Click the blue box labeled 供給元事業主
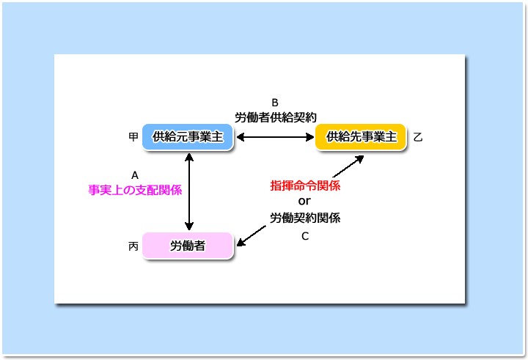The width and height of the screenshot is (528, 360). (188, 136)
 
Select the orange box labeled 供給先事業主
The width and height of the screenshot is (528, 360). (361, 136)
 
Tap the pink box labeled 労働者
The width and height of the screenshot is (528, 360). (188, 246)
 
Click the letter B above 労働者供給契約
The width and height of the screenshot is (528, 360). (275, 103)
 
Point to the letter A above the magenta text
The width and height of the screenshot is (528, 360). (135, 175)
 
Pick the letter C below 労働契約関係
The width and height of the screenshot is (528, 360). (305, 236)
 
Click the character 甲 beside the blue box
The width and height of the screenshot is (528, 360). (133, 136)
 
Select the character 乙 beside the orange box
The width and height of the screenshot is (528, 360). (418, 137)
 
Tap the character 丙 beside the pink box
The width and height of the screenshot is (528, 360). (133, 246)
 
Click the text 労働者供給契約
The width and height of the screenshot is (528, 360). (276, 117)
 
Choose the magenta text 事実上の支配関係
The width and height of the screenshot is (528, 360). (135, 190)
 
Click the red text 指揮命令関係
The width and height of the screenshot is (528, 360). (305, 185)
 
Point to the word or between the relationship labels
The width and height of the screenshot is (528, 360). (304, 201)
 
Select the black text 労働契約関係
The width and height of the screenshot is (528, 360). (305, 218)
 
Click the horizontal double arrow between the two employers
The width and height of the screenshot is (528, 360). (276, 137)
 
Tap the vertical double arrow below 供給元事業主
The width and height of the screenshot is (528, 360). (189, 191)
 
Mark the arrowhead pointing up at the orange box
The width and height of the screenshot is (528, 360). (359, 159)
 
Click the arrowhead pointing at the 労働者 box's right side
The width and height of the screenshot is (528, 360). (241, 241)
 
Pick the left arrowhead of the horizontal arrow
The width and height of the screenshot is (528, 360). (241, 137)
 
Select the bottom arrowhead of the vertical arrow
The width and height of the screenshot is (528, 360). (189, 227)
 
